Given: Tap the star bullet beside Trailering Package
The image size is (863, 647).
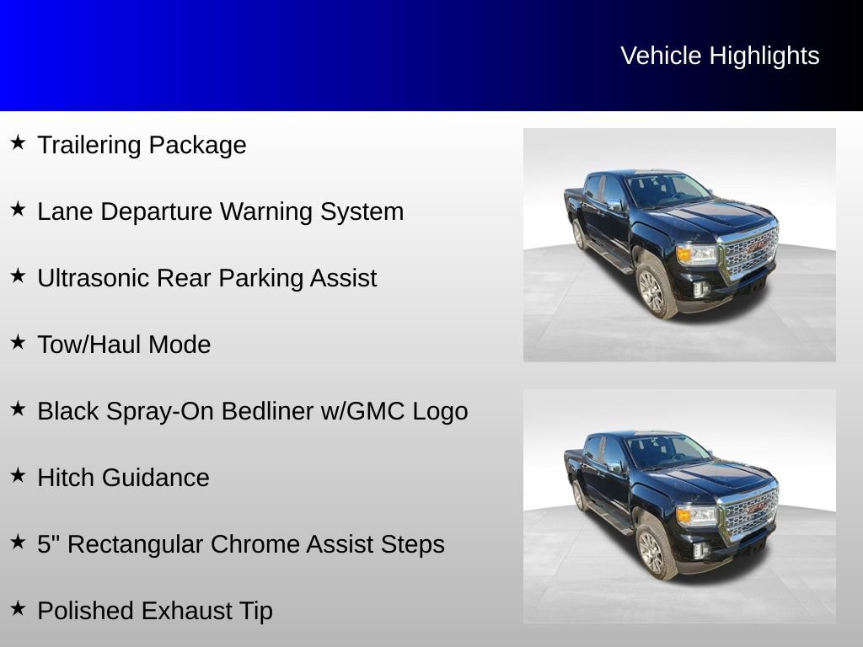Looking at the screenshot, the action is (19, 142).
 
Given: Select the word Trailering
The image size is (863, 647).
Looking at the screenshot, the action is (89, 146).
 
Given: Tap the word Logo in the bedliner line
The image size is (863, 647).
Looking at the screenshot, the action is (440, 412).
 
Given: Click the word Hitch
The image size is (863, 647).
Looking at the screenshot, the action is (65, 478).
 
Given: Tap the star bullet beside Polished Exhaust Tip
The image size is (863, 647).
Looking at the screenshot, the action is (19, 608).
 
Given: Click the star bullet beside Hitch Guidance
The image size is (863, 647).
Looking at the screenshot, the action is (19, 475).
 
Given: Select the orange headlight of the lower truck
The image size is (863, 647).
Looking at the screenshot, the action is (684, 515).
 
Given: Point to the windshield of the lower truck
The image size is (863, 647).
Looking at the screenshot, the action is (667, 451).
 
